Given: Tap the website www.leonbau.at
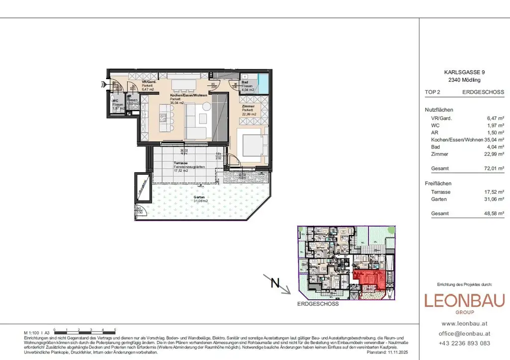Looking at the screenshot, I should click(x=464, y=324).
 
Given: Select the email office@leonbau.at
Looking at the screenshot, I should click(x=464, y=334).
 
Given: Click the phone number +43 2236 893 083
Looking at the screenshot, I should click(x=464, y=343).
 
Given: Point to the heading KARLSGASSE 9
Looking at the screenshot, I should click(x=464, y=72).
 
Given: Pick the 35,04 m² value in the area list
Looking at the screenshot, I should click(x=495, y=140).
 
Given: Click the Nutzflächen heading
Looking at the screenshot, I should click(x=439, y=110).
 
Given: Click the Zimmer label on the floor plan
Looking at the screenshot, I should click(x=248, y=106).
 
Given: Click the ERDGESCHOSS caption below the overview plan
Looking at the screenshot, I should click(x=318, y=304).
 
